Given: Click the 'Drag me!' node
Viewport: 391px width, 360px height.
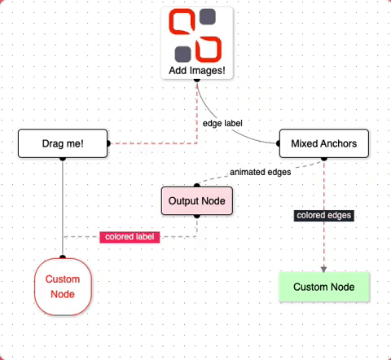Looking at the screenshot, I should (63, 144).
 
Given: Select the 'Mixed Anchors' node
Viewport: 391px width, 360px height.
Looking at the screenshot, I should (323, 144).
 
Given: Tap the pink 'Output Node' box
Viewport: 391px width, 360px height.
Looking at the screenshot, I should (197, 200).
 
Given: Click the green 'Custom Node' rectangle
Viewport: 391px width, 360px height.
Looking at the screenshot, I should (323, 287).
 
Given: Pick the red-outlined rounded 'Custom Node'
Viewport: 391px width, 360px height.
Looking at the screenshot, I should (63, 286).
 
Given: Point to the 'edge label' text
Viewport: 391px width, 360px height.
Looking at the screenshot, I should (224, 123).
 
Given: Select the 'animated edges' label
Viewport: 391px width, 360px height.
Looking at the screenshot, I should (261, 172).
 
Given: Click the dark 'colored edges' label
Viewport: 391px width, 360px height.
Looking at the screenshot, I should (324, 215).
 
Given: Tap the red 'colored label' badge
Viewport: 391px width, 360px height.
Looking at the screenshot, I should (129, 237).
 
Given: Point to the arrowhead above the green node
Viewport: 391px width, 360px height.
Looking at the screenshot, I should (324, 269).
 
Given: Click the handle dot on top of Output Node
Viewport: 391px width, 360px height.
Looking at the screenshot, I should (197, 186).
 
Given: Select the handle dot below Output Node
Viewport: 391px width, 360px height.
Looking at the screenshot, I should (197, 216).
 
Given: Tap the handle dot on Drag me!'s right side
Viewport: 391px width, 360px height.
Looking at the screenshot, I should (108, 144).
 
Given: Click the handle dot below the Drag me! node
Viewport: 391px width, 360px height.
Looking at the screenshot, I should (63, 159).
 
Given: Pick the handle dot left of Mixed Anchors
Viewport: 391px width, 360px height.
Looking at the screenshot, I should (279, 144).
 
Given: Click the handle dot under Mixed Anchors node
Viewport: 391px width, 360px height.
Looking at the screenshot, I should (324, 159).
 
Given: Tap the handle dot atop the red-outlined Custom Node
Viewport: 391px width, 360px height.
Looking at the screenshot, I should (63, 259).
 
